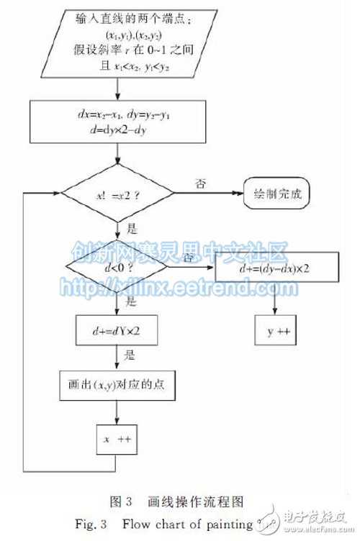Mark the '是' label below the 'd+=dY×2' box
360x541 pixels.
130,356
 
